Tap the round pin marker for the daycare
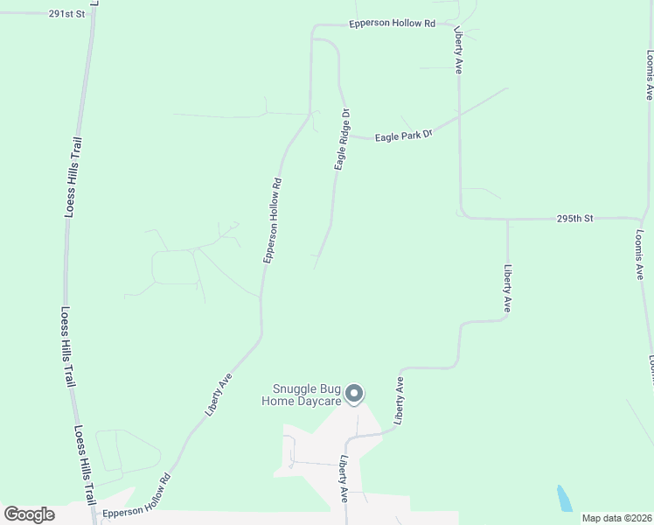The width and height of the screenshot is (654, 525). (354, 395)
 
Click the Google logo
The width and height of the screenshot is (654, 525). (29, 514)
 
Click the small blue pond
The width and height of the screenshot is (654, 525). (565, 499)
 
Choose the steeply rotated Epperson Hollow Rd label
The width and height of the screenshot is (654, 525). (272, 220)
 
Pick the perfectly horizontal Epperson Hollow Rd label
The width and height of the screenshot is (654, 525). (392, 24)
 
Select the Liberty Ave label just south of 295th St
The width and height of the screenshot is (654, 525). (506, 288)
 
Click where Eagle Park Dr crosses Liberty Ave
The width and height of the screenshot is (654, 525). (459, 115)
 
